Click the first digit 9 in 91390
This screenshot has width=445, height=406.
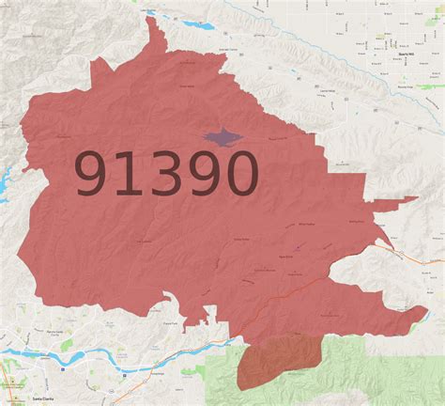pos(93,176)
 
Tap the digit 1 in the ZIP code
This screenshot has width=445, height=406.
pos(132,176)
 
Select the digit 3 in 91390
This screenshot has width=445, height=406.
pos(167,176)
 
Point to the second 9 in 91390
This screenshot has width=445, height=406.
pos(204,176)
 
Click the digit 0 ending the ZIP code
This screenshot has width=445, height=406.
pos(240,176)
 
